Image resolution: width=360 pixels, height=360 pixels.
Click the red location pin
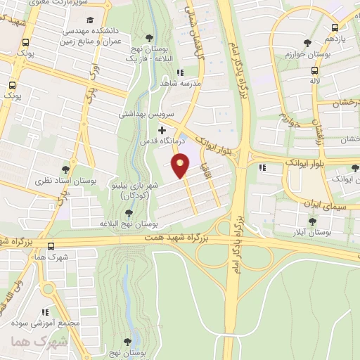pyautogui.click(x=181, y=166)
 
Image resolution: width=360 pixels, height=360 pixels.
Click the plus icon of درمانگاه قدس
pyautogui.click(x=162, y=129)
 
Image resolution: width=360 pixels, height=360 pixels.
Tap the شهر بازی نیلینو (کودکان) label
pyautogui.click(x=141, y=188)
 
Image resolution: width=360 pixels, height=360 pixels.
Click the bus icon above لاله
pyautogui.click(x=316, y=70)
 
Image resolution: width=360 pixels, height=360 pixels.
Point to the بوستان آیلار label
pyautogui.click(x=314, y=231)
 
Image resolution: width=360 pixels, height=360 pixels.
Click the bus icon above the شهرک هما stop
pyautogui.click(x=51, y=245)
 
